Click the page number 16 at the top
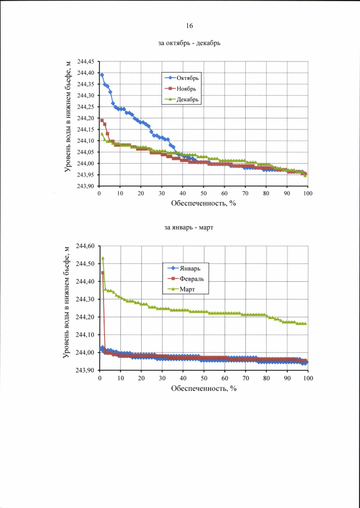[x=189, y=26]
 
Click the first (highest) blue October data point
[x=102, y=75]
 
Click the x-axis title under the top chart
[x=203, y=203]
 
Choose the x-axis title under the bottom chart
[x=203, y=388]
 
